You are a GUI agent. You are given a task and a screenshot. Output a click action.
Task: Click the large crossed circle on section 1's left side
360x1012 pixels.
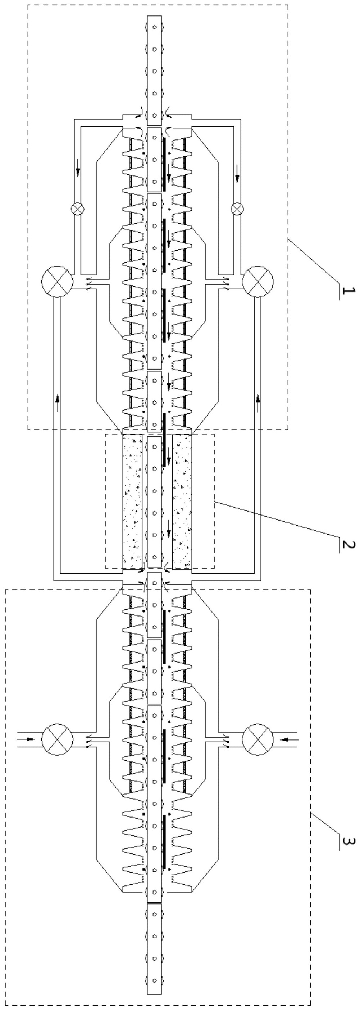click(57, 282)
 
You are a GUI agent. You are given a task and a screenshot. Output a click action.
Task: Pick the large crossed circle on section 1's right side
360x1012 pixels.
click(258, 282)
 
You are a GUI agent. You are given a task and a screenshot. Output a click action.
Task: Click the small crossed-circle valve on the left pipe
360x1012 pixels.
click(77, 209)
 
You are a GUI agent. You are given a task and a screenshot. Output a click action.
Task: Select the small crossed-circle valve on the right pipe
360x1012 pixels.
click(237, 209)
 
